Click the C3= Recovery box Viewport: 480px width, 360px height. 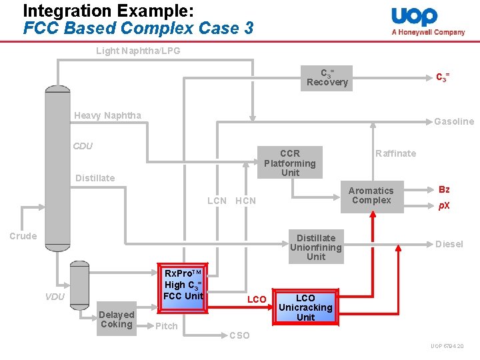click(x=327, y=78)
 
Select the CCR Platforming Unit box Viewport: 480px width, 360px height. click(x=290, y=163)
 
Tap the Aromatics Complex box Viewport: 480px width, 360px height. click(x=371, y=195)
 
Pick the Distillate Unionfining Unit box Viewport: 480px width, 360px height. click(x=316, y=247)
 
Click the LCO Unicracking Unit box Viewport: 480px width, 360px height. click(x=305, y=307)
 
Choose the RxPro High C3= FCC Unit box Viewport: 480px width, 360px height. click(x=183, y=285)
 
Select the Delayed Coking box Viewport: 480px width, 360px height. click(x=116, y=319)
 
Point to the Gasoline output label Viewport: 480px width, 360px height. click(x=454, y=121)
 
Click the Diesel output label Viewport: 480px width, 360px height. click(x=449, y=244)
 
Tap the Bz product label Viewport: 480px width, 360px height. click(x=444, y=190)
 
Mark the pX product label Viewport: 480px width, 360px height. click(x=444, y=205)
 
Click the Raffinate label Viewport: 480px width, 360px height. click(x=395, y=153)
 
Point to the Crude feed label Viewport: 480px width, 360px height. click(x=23, y=236)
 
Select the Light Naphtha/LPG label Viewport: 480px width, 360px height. click(x=138, y=51)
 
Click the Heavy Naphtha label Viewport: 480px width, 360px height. click(x=107, y=115)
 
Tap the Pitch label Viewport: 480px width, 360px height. click(x=166, y=326)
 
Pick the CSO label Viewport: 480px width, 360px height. click(x=239, y=335)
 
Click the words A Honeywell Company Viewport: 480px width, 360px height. click(x=428, y=32)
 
